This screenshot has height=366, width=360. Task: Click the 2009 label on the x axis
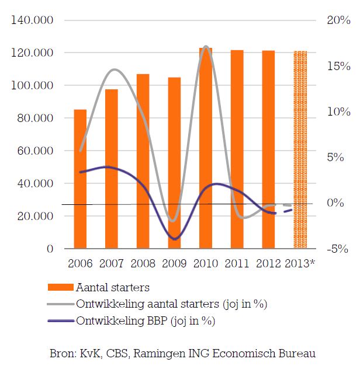(174, 263)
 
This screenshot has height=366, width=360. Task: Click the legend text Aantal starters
(113, 287)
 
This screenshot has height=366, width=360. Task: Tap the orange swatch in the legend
(60, 287)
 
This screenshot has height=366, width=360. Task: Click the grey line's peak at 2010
(205, 46)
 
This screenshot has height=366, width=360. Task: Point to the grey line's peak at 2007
(114, 69)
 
